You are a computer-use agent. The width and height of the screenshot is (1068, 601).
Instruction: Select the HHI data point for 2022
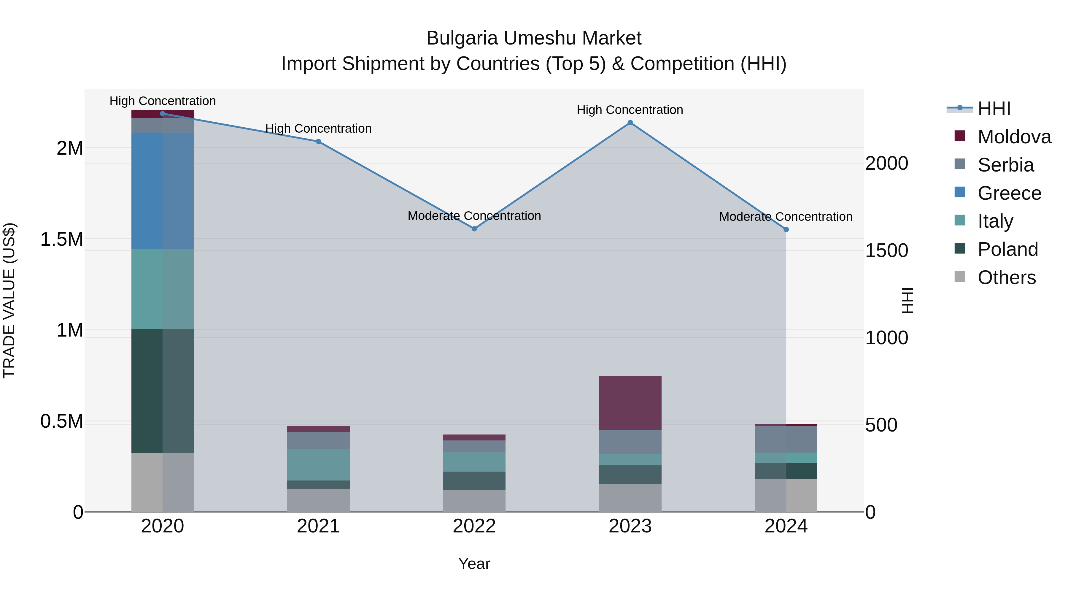474,229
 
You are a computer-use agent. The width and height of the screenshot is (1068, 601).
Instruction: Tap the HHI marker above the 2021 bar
318,142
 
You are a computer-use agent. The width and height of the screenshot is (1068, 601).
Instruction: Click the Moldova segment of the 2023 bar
630,402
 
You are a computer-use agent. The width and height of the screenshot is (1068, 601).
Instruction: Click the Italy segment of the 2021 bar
318,464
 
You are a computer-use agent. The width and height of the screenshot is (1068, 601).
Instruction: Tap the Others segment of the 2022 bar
474,501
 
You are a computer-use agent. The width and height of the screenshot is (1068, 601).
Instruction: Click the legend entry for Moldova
1014,137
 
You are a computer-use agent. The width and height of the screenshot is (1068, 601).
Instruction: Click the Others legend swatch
959,277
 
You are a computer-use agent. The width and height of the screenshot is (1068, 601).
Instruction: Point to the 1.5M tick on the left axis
61,239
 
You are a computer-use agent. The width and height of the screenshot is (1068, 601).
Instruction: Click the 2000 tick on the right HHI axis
886,164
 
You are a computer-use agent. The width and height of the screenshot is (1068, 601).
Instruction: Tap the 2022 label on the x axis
474,526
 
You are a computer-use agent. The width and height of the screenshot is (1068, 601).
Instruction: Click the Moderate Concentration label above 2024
785,217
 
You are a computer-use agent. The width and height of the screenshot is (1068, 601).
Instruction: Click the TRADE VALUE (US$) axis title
9,300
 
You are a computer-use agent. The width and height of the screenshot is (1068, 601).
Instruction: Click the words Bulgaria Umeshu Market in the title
534,38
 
